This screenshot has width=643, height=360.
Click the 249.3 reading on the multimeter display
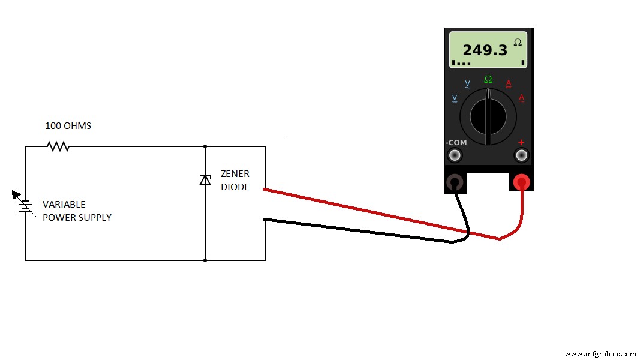(485, 50)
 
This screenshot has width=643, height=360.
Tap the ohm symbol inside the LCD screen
(517, 42)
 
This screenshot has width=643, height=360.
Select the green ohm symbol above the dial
(488, 79)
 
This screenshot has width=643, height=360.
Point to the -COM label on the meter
(456, 143)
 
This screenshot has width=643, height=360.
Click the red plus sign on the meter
(521, 142)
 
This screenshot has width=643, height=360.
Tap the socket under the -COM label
(455, 155)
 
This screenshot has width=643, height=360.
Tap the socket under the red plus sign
(521, 155)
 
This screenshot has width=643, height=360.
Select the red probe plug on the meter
(521, 182)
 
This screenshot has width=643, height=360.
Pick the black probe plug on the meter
(455, 182)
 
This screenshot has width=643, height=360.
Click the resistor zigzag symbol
(59, 146)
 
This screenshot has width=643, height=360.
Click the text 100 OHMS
(68, 126)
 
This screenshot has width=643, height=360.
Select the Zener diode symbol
(205, 179)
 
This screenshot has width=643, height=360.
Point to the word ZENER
(235, 174)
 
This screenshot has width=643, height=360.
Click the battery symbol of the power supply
(25, 206)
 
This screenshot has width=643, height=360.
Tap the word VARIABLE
(64, 205)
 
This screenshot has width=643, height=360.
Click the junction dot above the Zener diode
(205, 146)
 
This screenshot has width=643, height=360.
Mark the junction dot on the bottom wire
(205, 260)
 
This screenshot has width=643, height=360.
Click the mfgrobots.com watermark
(600, 354)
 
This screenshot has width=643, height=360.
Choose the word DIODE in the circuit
(235, 187)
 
